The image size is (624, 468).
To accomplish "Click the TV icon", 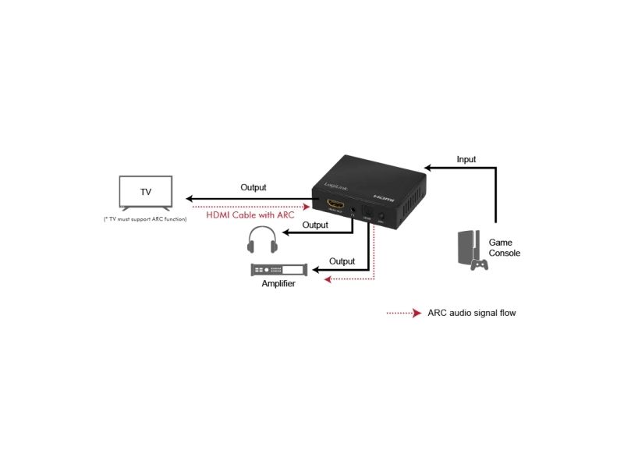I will pos(146,193).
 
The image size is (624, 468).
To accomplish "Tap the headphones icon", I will pos(261,240).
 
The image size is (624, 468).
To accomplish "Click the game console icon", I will pos(470,250).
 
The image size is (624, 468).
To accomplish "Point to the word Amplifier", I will pos(278,285).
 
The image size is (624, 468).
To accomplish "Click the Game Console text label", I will pos(504,248).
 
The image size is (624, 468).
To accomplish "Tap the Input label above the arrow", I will pos(466,160).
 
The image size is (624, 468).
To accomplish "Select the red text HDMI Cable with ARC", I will pos(250,214).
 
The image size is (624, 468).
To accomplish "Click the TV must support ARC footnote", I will pos(146,219).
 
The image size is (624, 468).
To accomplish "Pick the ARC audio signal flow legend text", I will pos(471,313).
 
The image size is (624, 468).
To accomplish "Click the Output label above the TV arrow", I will pos(253,187).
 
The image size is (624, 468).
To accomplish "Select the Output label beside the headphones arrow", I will pos(315,225).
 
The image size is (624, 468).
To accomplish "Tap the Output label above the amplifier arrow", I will pos(342,261).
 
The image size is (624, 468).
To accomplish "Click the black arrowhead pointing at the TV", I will pos(186,199).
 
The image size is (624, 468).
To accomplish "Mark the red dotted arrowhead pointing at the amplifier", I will pos(328,278).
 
